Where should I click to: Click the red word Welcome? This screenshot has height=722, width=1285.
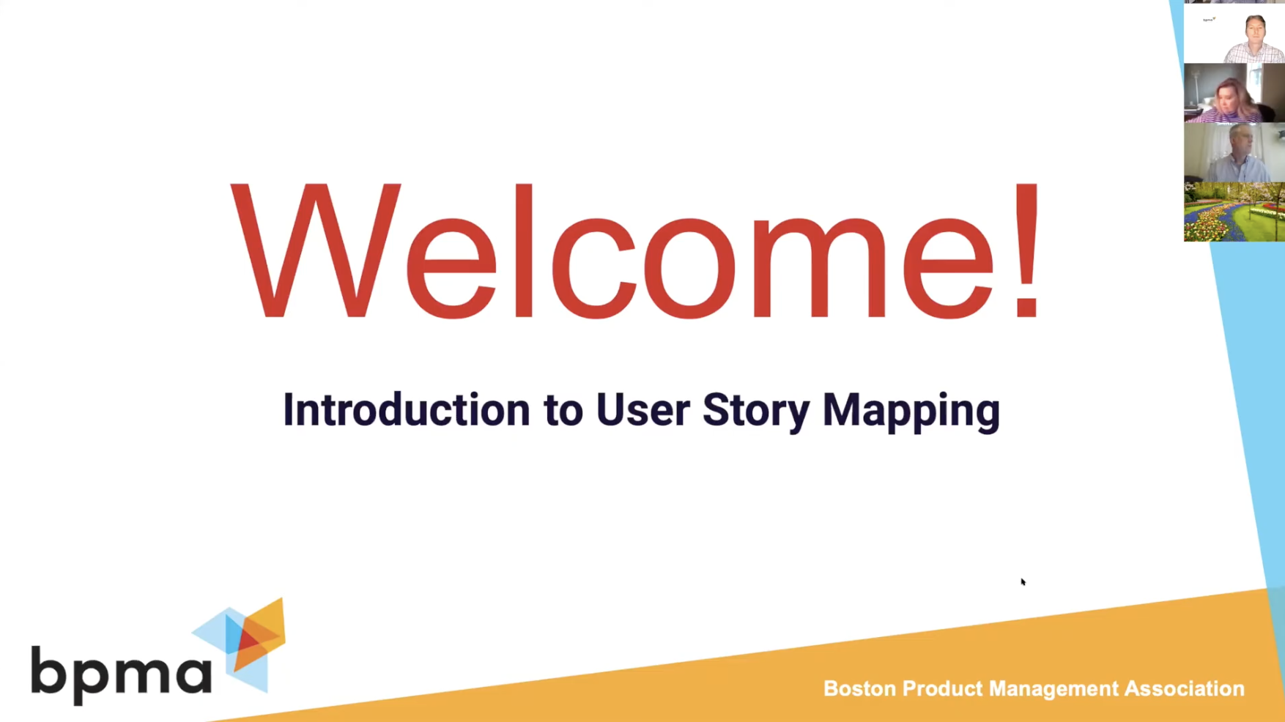[636, 250]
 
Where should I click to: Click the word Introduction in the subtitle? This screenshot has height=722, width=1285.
[406, 410]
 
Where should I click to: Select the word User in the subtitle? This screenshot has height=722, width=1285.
[642, 410]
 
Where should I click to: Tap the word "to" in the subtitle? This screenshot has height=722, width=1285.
[563, 410]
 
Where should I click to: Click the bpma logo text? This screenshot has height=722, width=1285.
[121, 672]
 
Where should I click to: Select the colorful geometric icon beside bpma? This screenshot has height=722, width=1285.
[245, 643]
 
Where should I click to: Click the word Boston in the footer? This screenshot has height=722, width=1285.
[859, 689]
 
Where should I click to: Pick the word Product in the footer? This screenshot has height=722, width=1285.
[942, 689]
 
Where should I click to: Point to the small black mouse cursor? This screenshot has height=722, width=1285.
[1023, 582]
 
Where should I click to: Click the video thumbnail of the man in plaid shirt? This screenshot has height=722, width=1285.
[1234, 34]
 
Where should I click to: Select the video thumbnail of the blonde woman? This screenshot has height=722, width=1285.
[1234, 93]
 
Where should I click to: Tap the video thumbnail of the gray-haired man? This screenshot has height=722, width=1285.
[1234, 152]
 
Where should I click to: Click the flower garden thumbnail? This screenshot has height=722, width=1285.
[1234, 212]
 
